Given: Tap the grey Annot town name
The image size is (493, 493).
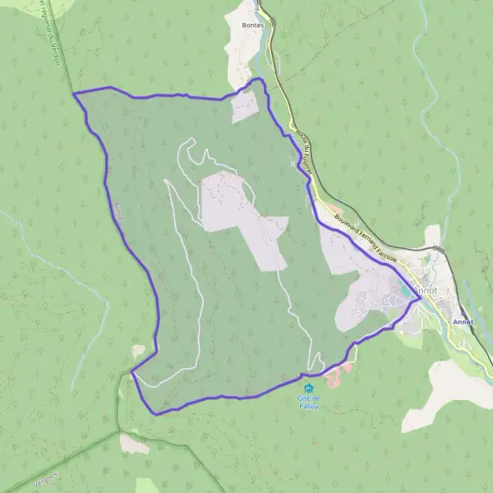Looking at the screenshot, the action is pos(426,290).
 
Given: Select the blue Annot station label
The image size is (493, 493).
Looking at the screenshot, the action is pos(463,322).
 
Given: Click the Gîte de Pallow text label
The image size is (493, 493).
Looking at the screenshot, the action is pos(309,401).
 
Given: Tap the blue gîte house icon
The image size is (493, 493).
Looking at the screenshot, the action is pos(309,388).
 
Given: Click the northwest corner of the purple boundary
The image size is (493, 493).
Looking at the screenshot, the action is pos(74,94).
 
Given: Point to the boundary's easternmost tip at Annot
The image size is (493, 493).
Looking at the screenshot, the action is pos(420,299).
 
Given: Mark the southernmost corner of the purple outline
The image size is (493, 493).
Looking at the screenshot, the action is pos(156,412).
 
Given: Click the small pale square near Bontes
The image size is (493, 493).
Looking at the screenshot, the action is pos(246,107).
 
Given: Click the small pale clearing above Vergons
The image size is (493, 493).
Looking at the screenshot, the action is pos(134,444).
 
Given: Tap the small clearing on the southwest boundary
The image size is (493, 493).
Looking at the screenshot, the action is pos(137,352).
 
